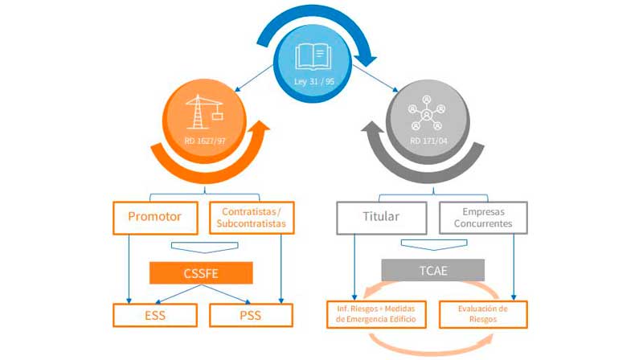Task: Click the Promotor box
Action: coord(155,217)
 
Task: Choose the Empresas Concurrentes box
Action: coord(484,217)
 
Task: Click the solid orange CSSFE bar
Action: coord(201,273)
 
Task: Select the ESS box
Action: coord(155,315)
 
